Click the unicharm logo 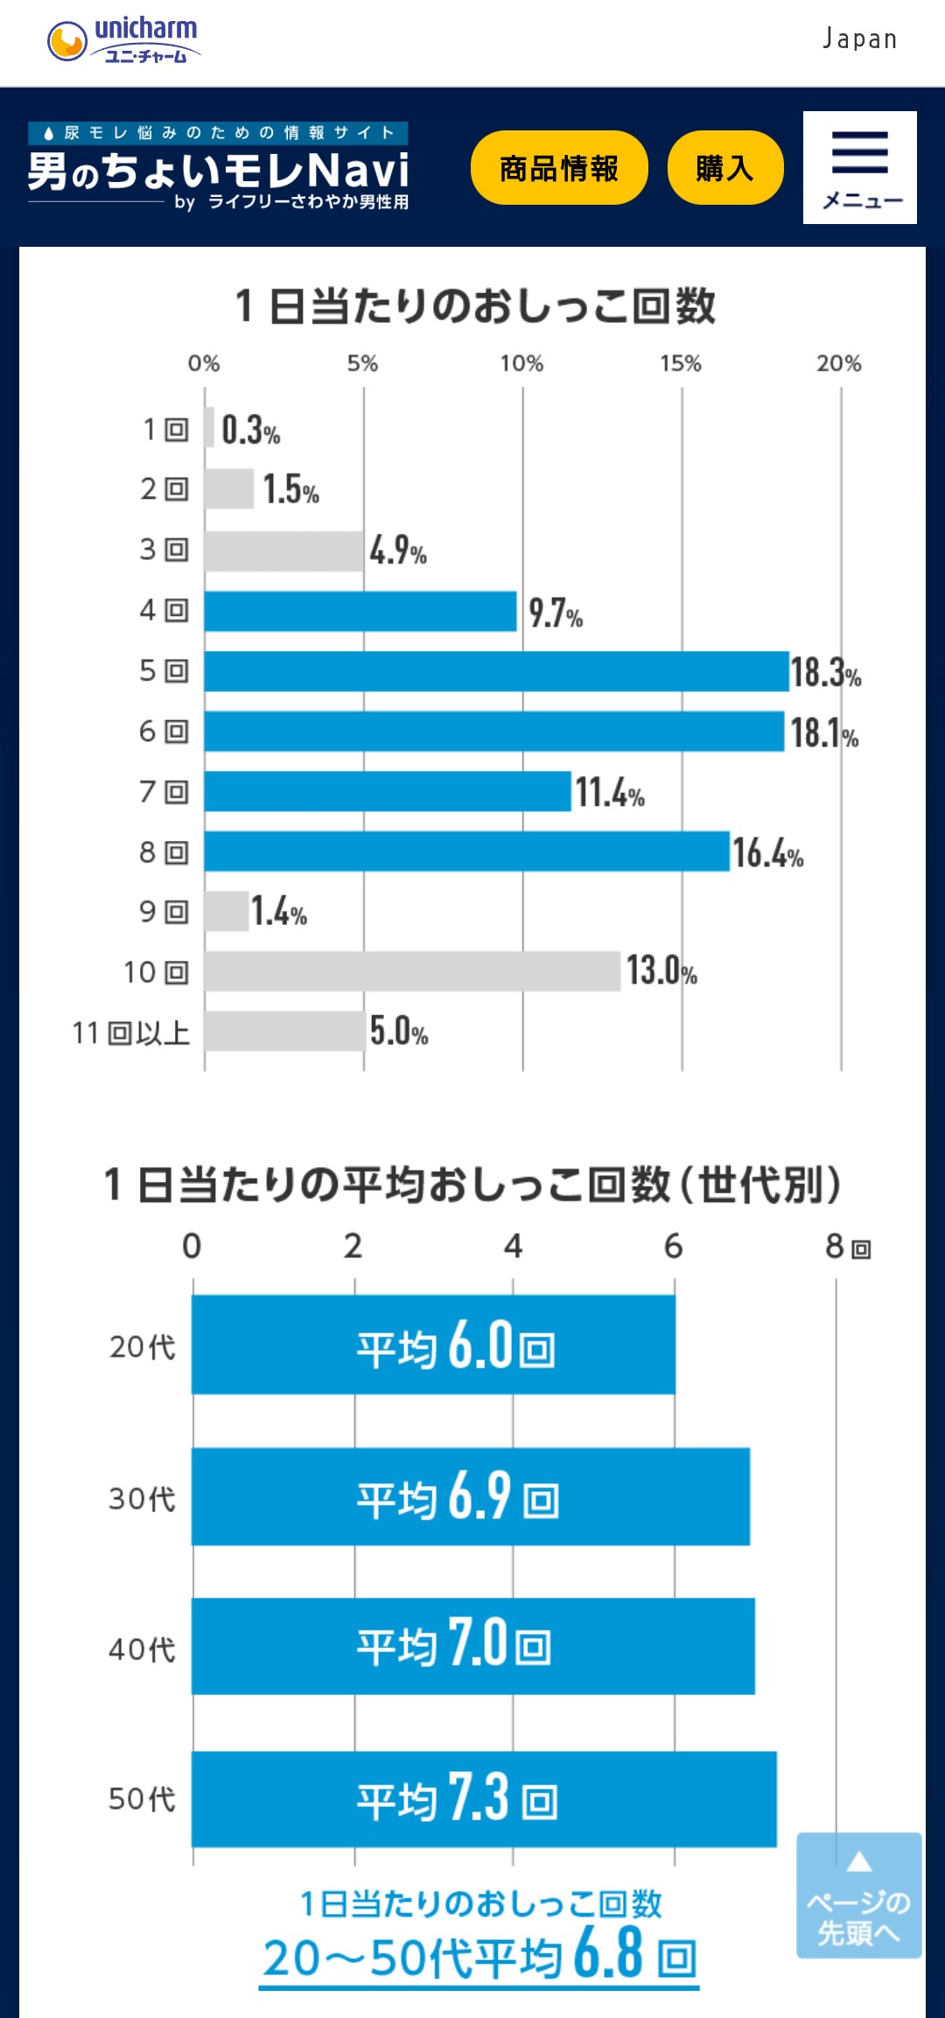click(122, 41)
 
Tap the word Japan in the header click(859, 39)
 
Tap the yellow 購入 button click(724, 168)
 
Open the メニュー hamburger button click(859, 167)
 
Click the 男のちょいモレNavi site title click(219, 170)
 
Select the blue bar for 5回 click(496, 671)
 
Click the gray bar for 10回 click(412, 971)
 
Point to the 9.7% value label click(555, 613)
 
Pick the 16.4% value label click(766, 852)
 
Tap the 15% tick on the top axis click(681, 363)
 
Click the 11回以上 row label click(131, 1033)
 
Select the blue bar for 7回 click(388, 791)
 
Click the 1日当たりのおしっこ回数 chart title click(475, 306)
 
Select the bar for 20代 click(433, 1345)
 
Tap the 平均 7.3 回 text click(456, 1798)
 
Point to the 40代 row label click(142, 1649)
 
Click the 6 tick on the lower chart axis click(673, 1246)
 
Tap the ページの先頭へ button click(858, 1895)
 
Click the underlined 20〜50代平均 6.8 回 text click(479, 1957)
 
